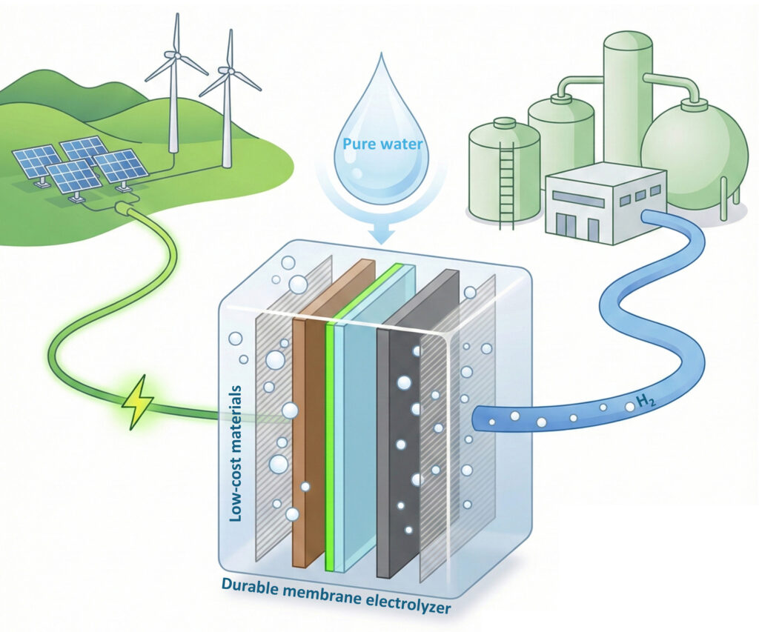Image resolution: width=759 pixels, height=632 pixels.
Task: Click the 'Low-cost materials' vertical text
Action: tap(236, 452)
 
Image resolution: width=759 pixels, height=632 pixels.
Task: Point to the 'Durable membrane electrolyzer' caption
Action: tap(337, 598)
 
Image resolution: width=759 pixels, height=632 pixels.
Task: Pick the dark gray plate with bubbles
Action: tap(400, 445)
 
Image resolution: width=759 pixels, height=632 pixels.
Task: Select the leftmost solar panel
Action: tap(37, 161)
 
